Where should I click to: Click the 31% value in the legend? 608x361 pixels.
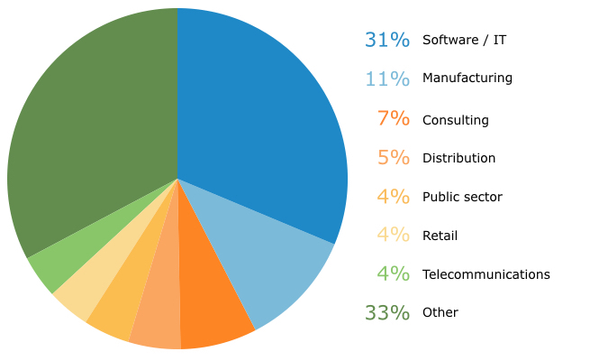click(386, 40)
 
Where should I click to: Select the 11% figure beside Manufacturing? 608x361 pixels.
click(386, 79)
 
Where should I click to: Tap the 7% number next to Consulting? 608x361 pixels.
click(394, 119)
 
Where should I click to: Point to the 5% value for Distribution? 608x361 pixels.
click(394, 158)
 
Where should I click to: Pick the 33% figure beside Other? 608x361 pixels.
click(386, 312)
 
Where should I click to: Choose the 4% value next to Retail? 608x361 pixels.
click(394, 236)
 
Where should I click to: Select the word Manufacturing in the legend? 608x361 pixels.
click(467, 79)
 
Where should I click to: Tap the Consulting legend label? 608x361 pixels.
click(455, 120)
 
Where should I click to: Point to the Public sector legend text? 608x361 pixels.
click(462, 197)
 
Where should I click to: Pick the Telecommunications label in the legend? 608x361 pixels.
click(485, 274)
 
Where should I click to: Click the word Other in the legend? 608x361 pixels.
click(440, 312)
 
